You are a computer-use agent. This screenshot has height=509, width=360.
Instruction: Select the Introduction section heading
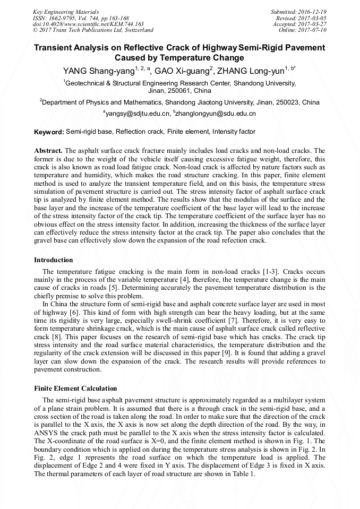(54, 260)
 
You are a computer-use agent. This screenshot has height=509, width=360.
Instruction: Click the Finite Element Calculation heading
(76, 389)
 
